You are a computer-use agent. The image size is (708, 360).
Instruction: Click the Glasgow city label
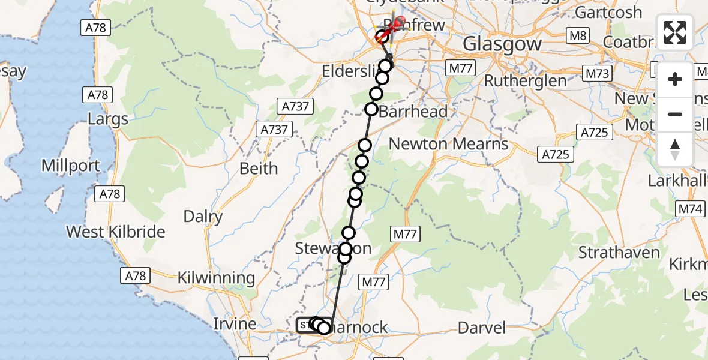(x=503, y=43)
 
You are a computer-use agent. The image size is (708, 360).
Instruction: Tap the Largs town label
(x=108, y=118)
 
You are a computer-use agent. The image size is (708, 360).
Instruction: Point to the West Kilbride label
(x=115, y=232)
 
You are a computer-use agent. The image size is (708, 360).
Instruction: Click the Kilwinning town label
(x=217, y=278)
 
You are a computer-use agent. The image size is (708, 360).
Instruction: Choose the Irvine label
(x=235, y=324)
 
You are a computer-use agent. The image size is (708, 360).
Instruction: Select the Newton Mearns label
(x=449, y=144)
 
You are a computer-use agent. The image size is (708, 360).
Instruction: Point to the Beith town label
(x=259, y=169)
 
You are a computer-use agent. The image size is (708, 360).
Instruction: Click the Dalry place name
(x=203, y=216)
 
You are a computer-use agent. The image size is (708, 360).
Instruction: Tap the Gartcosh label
(x=608, y=12)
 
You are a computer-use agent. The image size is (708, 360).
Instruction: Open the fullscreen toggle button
(x=675, y=32)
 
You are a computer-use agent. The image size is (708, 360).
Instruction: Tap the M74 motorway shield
(x=690, y=209)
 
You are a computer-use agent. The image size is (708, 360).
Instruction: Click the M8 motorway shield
(x=578, y=36)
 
